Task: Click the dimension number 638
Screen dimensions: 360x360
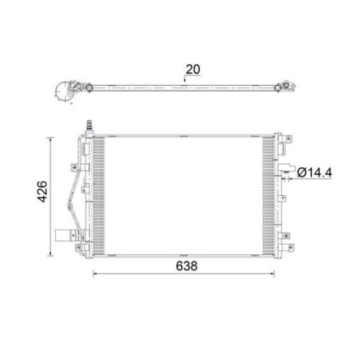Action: click(x=184, y=265)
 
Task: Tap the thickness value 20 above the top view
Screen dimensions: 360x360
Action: click(x=192, y=70)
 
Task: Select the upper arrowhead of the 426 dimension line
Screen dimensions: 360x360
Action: click(x=50, y=138)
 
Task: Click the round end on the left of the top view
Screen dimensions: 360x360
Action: click(x=59, y=91)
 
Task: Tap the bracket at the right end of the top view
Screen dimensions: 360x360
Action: click(x=290, y=88)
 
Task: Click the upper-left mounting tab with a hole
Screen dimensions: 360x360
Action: click(x=73, y=168)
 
